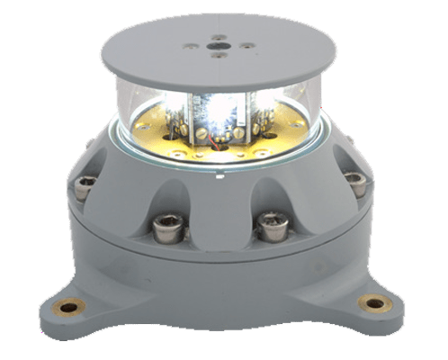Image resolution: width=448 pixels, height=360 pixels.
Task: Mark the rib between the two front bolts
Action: point(219,202)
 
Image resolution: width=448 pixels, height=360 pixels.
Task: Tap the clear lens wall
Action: point(135,112)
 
